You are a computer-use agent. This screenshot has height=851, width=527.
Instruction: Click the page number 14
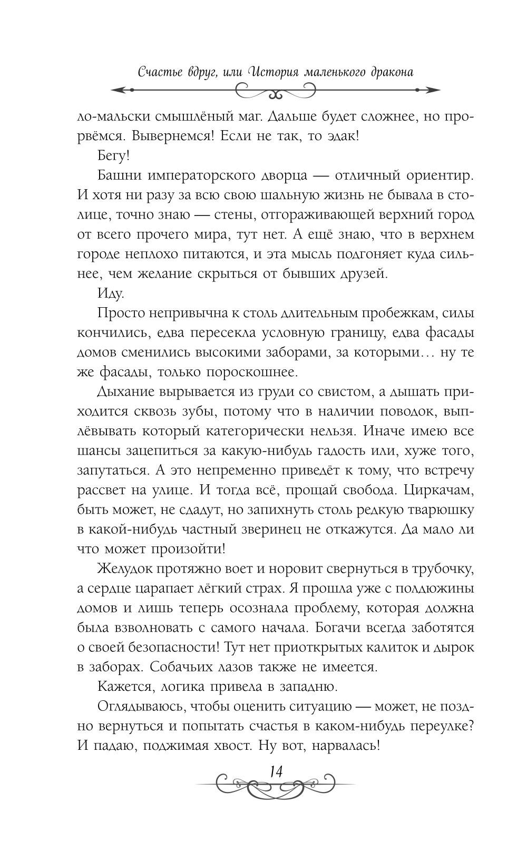click(x=276, y=771)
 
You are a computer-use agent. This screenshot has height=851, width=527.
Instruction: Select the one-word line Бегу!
click(x=113, y=156)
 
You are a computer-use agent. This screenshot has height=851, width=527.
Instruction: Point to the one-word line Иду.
click(x=111, y=294)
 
